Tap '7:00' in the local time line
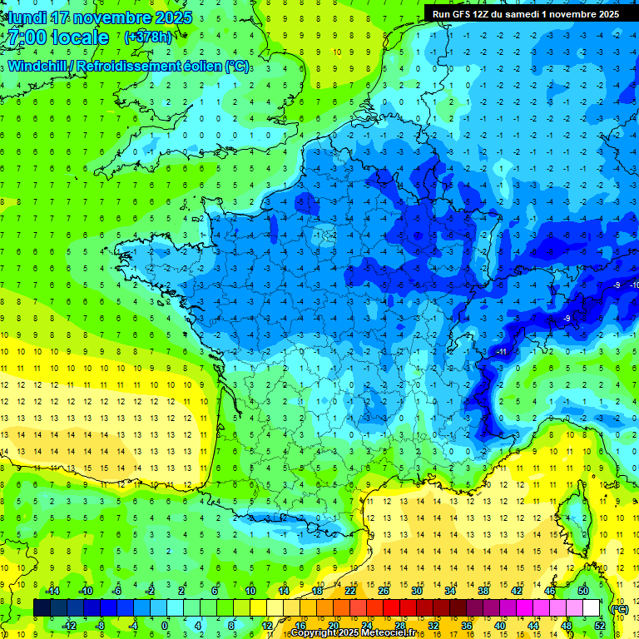[x=25, y=37]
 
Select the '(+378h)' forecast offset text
[x=148, y=37]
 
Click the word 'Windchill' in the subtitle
[x=40, y=66]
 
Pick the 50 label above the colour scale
[x=582, y=591]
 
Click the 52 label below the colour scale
[x=600, y=626]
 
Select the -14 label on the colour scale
[x=52, y=591]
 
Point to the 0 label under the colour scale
[x=165, y=626]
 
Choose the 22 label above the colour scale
[x=350, y=591]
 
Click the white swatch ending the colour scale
[x=591, y=608]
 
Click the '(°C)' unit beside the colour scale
[x=619, y=608]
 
